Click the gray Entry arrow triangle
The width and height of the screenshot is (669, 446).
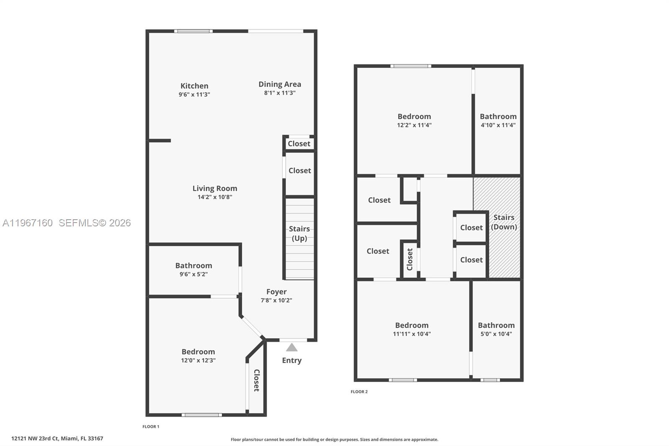coord(292,348)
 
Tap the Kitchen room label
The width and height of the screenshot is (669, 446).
coord(194,86)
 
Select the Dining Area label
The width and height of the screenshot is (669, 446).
coord(280,84)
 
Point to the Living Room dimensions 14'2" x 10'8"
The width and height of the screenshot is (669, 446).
coord(215,197)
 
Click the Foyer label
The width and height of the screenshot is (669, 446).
coord(276,292)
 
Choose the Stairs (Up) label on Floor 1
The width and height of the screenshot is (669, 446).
coord(299,233)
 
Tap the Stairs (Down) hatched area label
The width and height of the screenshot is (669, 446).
coord(504,222)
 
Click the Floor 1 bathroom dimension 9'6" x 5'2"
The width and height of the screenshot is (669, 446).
coord(194,274)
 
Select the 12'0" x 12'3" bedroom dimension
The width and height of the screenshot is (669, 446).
coord(198,360)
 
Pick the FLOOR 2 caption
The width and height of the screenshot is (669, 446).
coord(359,392)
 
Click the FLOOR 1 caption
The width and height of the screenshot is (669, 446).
coord(151,427)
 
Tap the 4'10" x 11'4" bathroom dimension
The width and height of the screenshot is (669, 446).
coord(498,125)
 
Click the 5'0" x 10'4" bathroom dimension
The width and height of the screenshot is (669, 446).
coord(496,334)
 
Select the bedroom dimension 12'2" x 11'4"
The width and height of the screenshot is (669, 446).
coord(414,125)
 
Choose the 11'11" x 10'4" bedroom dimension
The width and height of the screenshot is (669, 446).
coord(412,334)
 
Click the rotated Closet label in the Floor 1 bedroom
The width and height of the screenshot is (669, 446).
coord(257,380)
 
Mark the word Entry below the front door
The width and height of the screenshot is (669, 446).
coord(292,360)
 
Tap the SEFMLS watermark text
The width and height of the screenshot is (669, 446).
coord(95,223)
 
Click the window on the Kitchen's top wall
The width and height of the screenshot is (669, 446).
coord(193,31)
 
